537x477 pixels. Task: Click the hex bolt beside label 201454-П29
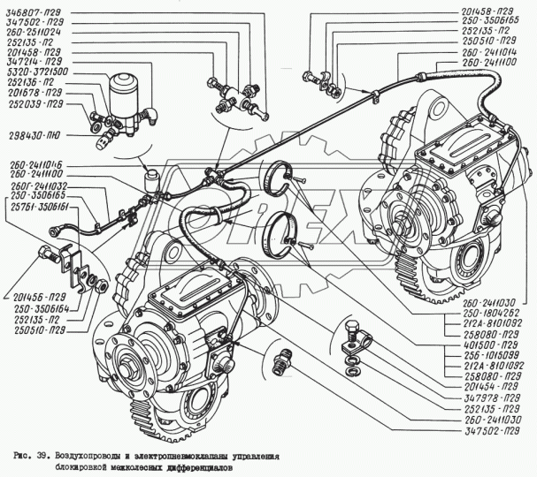[x=352, y=336]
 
